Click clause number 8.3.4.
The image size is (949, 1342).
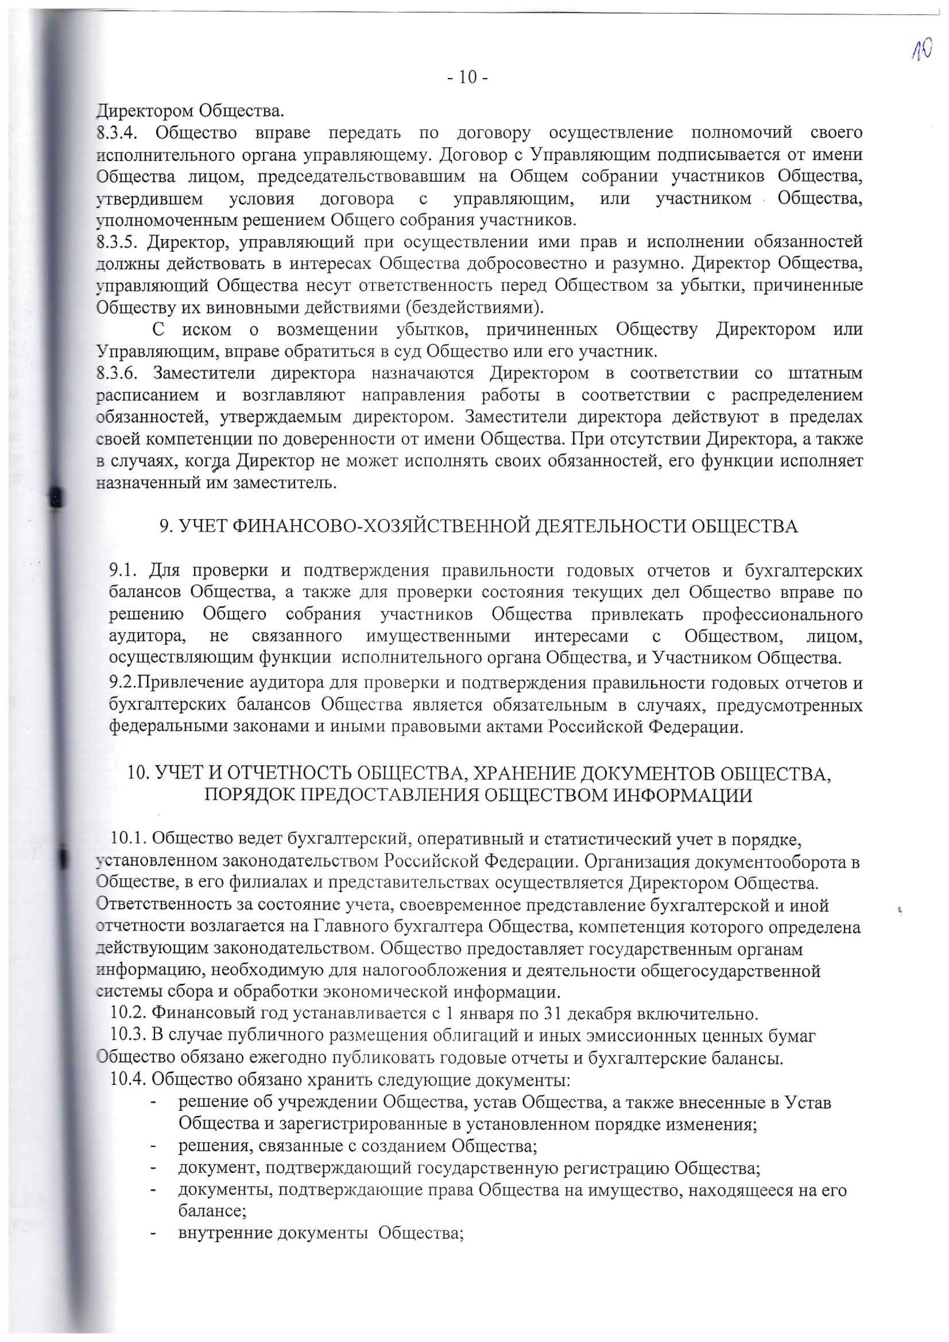[117, 133]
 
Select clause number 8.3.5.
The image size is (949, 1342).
[117, 241]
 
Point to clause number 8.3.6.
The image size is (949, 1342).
[117, 373]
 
